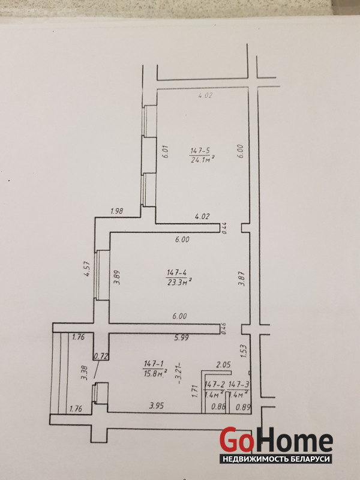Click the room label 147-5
click(x=200, y=151)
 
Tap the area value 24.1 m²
click(x=202, y=160)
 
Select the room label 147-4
click(x=177, y=272)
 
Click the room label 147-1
click(x=154, y=364)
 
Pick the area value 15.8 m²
click(x=155, y=373)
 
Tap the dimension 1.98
click(x=116, y=211)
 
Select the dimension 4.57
click(x=87, y=269)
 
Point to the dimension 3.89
click(x=116, y=277)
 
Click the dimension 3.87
click(x=242, y=279)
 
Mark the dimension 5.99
click(x=182, y=338)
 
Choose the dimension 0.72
click(x=101, y=356)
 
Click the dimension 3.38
click(x=85, y=373)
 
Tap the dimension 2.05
click(x=223, y=365)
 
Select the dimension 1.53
click(x=244, y=351)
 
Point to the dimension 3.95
click(x=157, y=406)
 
